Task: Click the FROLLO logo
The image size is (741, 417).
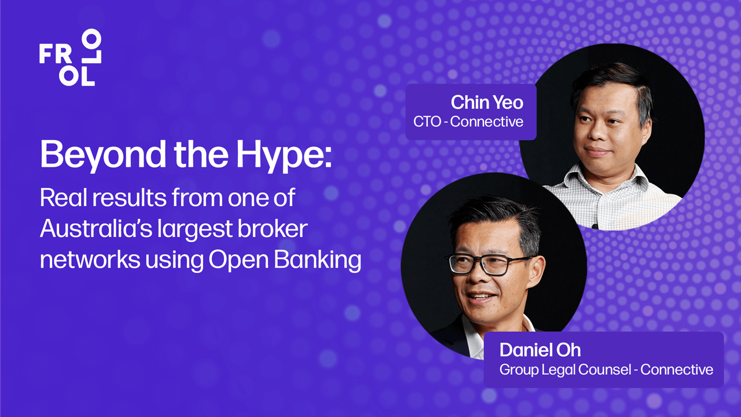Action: pyautogui.click(x=70, y=57)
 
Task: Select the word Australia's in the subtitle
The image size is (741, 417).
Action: pyautogui.click(x=96, y=228)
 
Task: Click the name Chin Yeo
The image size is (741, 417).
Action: pyautogui.click(x=487, y=103)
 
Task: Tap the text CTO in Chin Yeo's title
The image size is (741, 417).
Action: pyautogui.click(x=427, y=122)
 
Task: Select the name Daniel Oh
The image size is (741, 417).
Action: pyautogui.click(x=540, y=350)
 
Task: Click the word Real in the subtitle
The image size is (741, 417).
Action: pyautogui.click(x=64, y=197)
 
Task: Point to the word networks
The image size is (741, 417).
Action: pyautogui.click(x=90, y=260)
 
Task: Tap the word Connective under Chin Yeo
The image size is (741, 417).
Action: pyautogui.click(x=487, y=122)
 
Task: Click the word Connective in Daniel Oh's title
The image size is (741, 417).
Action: pyautogui.click(x=677, y=370)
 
